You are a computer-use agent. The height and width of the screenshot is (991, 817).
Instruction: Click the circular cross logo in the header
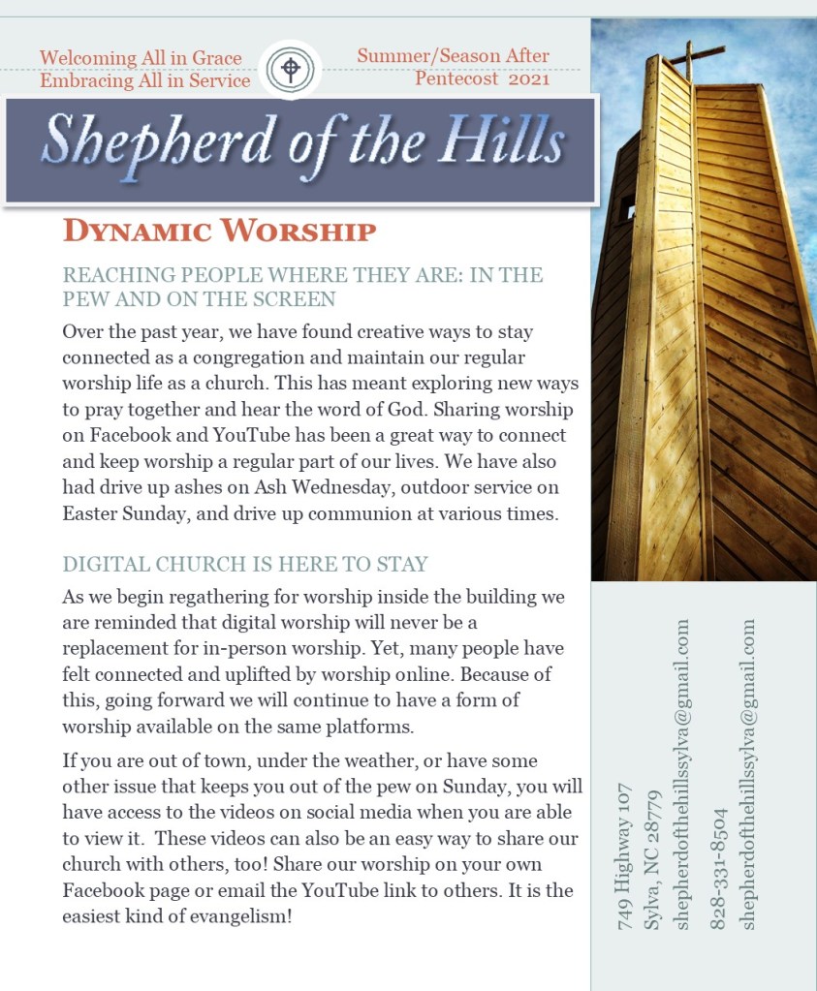point(290,69)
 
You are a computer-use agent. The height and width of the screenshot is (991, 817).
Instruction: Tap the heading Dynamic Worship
point(219,232)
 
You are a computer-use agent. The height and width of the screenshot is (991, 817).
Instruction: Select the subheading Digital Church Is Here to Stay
point(245,564)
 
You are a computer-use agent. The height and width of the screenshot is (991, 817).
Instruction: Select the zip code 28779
point(652,824)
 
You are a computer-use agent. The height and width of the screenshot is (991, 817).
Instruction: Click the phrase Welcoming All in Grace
point(141,58)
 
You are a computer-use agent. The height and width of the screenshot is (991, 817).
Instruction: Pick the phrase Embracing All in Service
point(145,80)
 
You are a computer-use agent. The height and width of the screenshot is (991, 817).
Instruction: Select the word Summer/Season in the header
point(417,56)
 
